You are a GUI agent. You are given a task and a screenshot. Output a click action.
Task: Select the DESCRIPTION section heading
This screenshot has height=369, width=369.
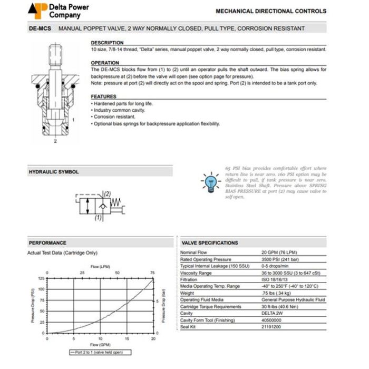coord(108,43)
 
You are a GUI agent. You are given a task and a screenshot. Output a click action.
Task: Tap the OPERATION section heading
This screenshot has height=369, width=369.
coord(105,63)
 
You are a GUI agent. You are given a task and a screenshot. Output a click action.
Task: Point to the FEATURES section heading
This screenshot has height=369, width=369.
coord(103,96)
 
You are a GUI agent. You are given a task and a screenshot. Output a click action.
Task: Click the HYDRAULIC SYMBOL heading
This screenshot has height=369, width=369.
coord(53,172)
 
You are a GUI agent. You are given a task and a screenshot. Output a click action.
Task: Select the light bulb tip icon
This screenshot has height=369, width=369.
coord(209,181)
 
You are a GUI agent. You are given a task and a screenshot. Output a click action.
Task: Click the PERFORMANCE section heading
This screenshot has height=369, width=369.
coord(47,243)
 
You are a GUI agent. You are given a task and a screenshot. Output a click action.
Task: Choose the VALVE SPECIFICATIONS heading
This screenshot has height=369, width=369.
coord(209,243)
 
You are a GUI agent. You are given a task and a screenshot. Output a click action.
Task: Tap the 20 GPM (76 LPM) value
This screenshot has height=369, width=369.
coord(280,253)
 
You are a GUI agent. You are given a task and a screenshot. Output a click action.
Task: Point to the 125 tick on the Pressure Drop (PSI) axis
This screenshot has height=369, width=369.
coord(42,277)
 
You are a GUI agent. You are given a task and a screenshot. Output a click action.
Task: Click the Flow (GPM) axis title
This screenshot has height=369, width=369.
coord(100,346)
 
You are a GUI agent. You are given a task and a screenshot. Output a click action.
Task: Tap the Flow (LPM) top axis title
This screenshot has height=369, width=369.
coord(100,266)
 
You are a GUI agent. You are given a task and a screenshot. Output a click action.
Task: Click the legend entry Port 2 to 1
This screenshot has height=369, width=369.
coord(100,352)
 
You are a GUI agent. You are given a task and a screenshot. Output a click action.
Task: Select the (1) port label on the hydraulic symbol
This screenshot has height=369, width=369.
coord(98,217)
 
